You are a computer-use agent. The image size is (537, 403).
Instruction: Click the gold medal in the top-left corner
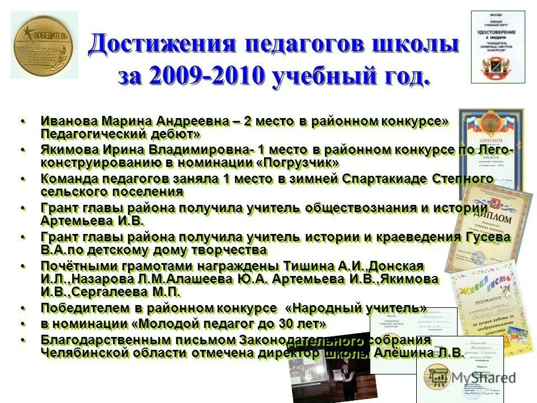pyautogui.click(x=44, y=45)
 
